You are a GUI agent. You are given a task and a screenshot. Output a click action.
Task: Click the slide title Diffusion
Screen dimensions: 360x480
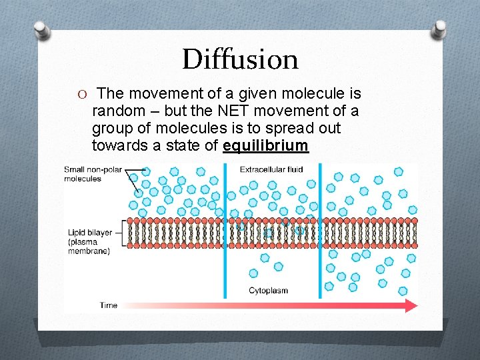pyautogui.click(x=240, y=59)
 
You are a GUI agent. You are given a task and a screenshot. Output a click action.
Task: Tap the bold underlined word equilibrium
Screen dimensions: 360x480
pyautogui.click(x=266, y=145)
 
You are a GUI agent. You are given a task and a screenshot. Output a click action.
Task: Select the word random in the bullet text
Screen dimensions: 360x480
pyautogui.click(x=117, y=111)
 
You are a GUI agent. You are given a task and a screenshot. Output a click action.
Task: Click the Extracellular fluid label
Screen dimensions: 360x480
pyautogui.click(x=271, y=169)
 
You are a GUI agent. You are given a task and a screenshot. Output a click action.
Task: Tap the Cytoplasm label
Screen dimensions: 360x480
pyautogui.click(x=268, y=290)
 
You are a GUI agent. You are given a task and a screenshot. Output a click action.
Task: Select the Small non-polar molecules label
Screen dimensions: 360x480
pyautogui.click(x=92, y=174)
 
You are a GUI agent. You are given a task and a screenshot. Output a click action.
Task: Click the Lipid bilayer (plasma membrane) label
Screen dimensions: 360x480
pyautogui.click(x=89, y=241)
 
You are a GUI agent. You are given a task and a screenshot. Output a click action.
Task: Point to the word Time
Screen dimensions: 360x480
pyautogui.click(x=109, y=305)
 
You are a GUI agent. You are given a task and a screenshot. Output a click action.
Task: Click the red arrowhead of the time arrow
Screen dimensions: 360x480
pyautogui.click(x=411, y=305)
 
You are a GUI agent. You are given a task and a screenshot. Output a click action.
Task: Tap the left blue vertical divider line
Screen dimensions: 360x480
pyautogui.click(x=225, y=230)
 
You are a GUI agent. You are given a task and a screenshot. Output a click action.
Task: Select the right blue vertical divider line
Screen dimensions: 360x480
pyautogui.click(x=321, y=230)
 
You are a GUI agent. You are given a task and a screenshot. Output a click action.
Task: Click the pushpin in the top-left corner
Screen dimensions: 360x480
pyautogui.click(x=42, y=29)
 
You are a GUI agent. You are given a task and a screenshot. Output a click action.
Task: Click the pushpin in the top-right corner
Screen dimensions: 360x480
pyautogui.click(x=439, y=28)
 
